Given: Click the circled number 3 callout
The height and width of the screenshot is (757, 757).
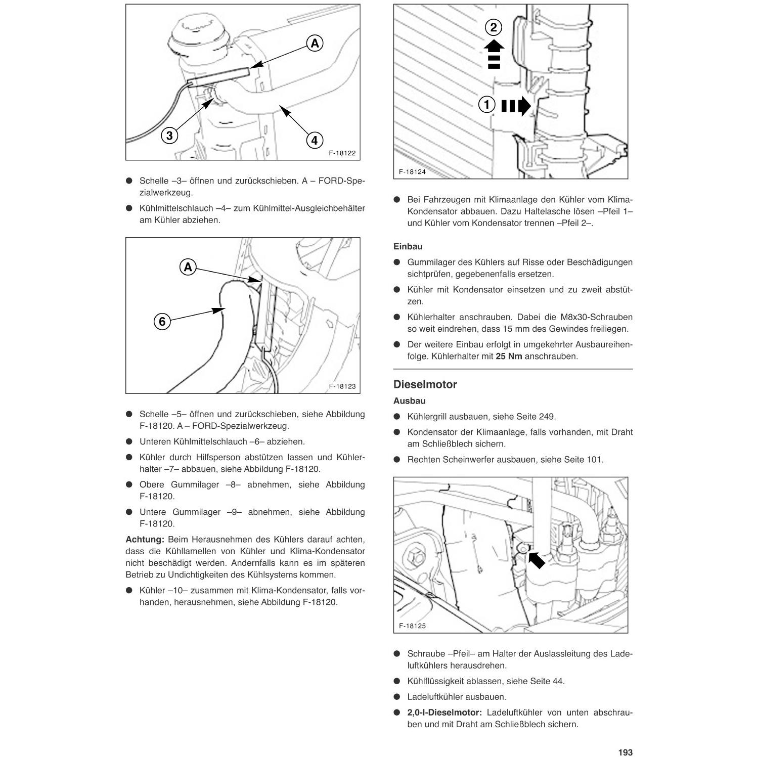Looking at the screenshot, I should coord(169,136).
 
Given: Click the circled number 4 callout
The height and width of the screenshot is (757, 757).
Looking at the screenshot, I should coord(315,140).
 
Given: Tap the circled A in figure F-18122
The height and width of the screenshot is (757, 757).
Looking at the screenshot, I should coord(315,43).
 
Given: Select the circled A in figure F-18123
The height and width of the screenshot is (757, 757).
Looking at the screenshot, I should coord(188,267).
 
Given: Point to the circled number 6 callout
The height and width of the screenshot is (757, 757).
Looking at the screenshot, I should coord(162,321).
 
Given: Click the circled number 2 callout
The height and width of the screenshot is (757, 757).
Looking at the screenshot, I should coord(494,27).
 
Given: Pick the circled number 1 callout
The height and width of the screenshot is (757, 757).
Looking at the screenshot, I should coord(486,105).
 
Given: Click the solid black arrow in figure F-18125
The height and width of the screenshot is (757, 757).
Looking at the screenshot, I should coord(536,559).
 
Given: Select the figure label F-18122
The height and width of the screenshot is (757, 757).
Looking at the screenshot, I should coord(342,153).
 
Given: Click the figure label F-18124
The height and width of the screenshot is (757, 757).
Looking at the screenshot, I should coord(412,172).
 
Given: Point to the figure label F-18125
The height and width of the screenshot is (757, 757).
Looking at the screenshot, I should coord(412,626).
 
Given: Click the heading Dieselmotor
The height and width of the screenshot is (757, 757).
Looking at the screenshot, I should coord(425,384).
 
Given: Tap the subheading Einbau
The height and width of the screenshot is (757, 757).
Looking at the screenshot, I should coord(408,247).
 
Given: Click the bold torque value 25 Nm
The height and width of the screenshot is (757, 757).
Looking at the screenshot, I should coord(509,357).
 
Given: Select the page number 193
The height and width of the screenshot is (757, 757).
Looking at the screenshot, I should coord(625,752).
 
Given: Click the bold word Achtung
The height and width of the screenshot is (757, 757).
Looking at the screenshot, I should coord(145,540).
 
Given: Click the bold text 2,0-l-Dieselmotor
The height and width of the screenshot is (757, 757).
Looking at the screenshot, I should coord(444,713).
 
